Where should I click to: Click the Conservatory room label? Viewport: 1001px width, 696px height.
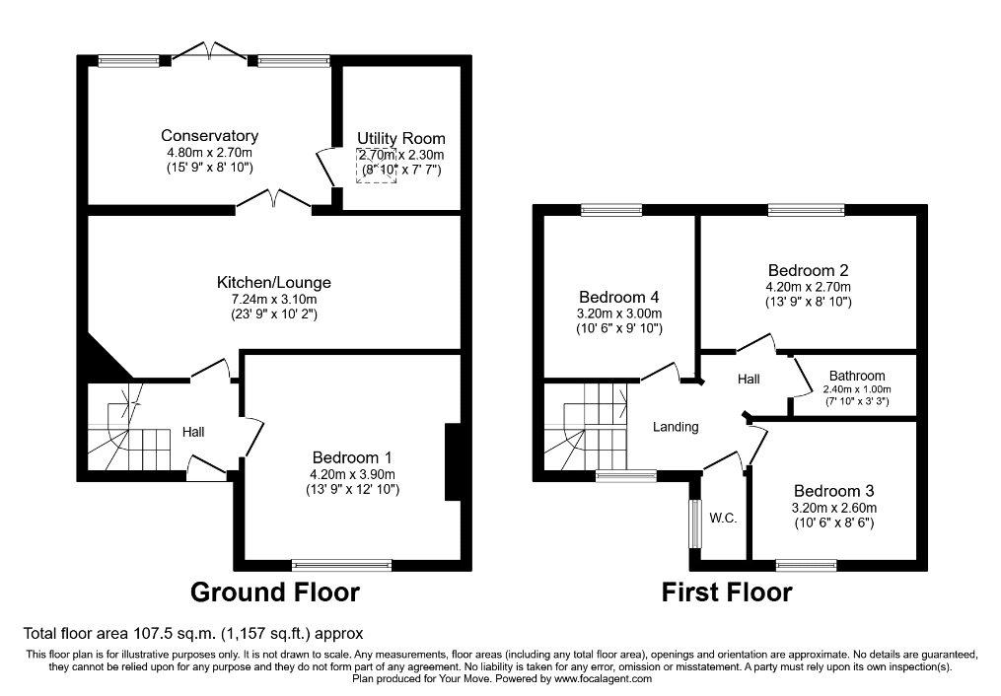(x=209, y=135)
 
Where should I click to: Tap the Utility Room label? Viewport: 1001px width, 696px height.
(x=401, y=138)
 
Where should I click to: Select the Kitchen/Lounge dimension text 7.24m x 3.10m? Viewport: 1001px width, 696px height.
(x=274, y=299)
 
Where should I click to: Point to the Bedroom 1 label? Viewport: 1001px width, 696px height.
(x=352, y=457)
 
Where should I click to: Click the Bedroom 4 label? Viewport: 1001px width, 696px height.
(x=619, y=297)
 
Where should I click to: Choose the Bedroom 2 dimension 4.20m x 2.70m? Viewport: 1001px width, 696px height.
(x=809, y=287)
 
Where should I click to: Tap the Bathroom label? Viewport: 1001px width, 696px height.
(x=857, y=376)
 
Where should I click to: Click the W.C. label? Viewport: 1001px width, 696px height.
(x=723, y=518)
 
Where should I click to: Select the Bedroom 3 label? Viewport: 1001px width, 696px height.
(x=833, y=491)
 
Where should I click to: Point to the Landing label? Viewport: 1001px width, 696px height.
(x=676, y=427)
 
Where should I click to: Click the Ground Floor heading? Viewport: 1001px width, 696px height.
(x=275, y=592)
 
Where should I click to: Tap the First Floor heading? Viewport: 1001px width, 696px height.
(x=727, y=592)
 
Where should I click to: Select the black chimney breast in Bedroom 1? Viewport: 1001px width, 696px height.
(x=453, y=462)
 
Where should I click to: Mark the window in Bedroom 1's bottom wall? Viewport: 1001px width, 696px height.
(x=341, y=565)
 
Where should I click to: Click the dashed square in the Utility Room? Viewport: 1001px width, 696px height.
(x=377, y=166)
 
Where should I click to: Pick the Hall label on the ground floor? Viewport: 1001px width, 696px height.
(x=193, y=432)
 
